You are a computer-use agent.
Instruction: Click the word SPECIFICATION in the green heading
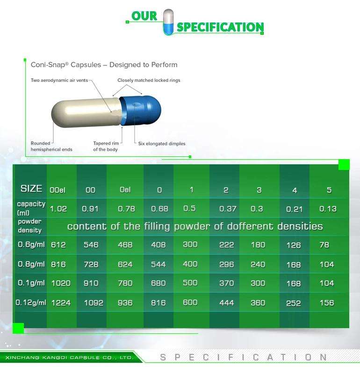220,27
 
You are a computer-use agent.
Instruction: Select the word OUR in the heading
144,16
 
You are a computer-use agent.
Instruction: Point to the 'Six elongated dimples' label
162,144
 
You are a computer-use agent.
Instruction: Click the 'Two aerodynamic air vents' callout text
59,81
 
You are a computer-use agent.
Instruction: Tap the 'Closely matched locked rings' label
149,81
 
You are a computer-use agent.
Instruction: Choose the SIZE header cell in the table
31,189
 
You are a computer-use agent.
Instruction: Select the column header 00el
59,190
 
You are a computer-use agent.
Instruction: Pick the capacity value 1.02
58,209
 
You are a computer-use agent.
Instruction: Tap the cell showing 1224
61,303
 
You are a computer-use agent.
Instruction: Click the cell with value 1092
94,303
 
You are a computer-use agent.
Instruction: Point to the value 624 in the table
125,264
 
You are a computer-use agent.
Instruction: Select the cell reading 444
226,303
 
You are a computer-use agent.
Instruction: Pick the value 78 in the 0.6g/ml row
324,244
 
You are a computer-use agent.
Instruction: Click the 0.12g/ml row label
31,302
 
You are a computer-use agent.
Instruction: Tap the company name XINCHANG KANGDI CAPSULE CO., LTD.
69,358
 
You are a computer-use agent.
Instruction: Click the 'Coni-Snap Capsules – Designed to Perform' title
104,65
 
